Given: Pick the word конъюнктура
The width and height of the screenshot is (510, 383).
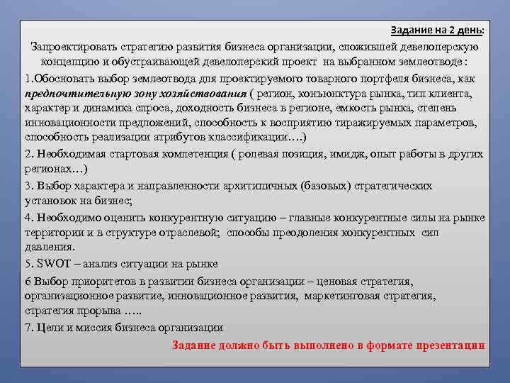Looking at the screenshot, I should click(x=330, y=94).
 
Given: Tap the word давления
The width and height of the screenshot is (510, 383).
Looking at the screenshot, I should click(x=50, y=248).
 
